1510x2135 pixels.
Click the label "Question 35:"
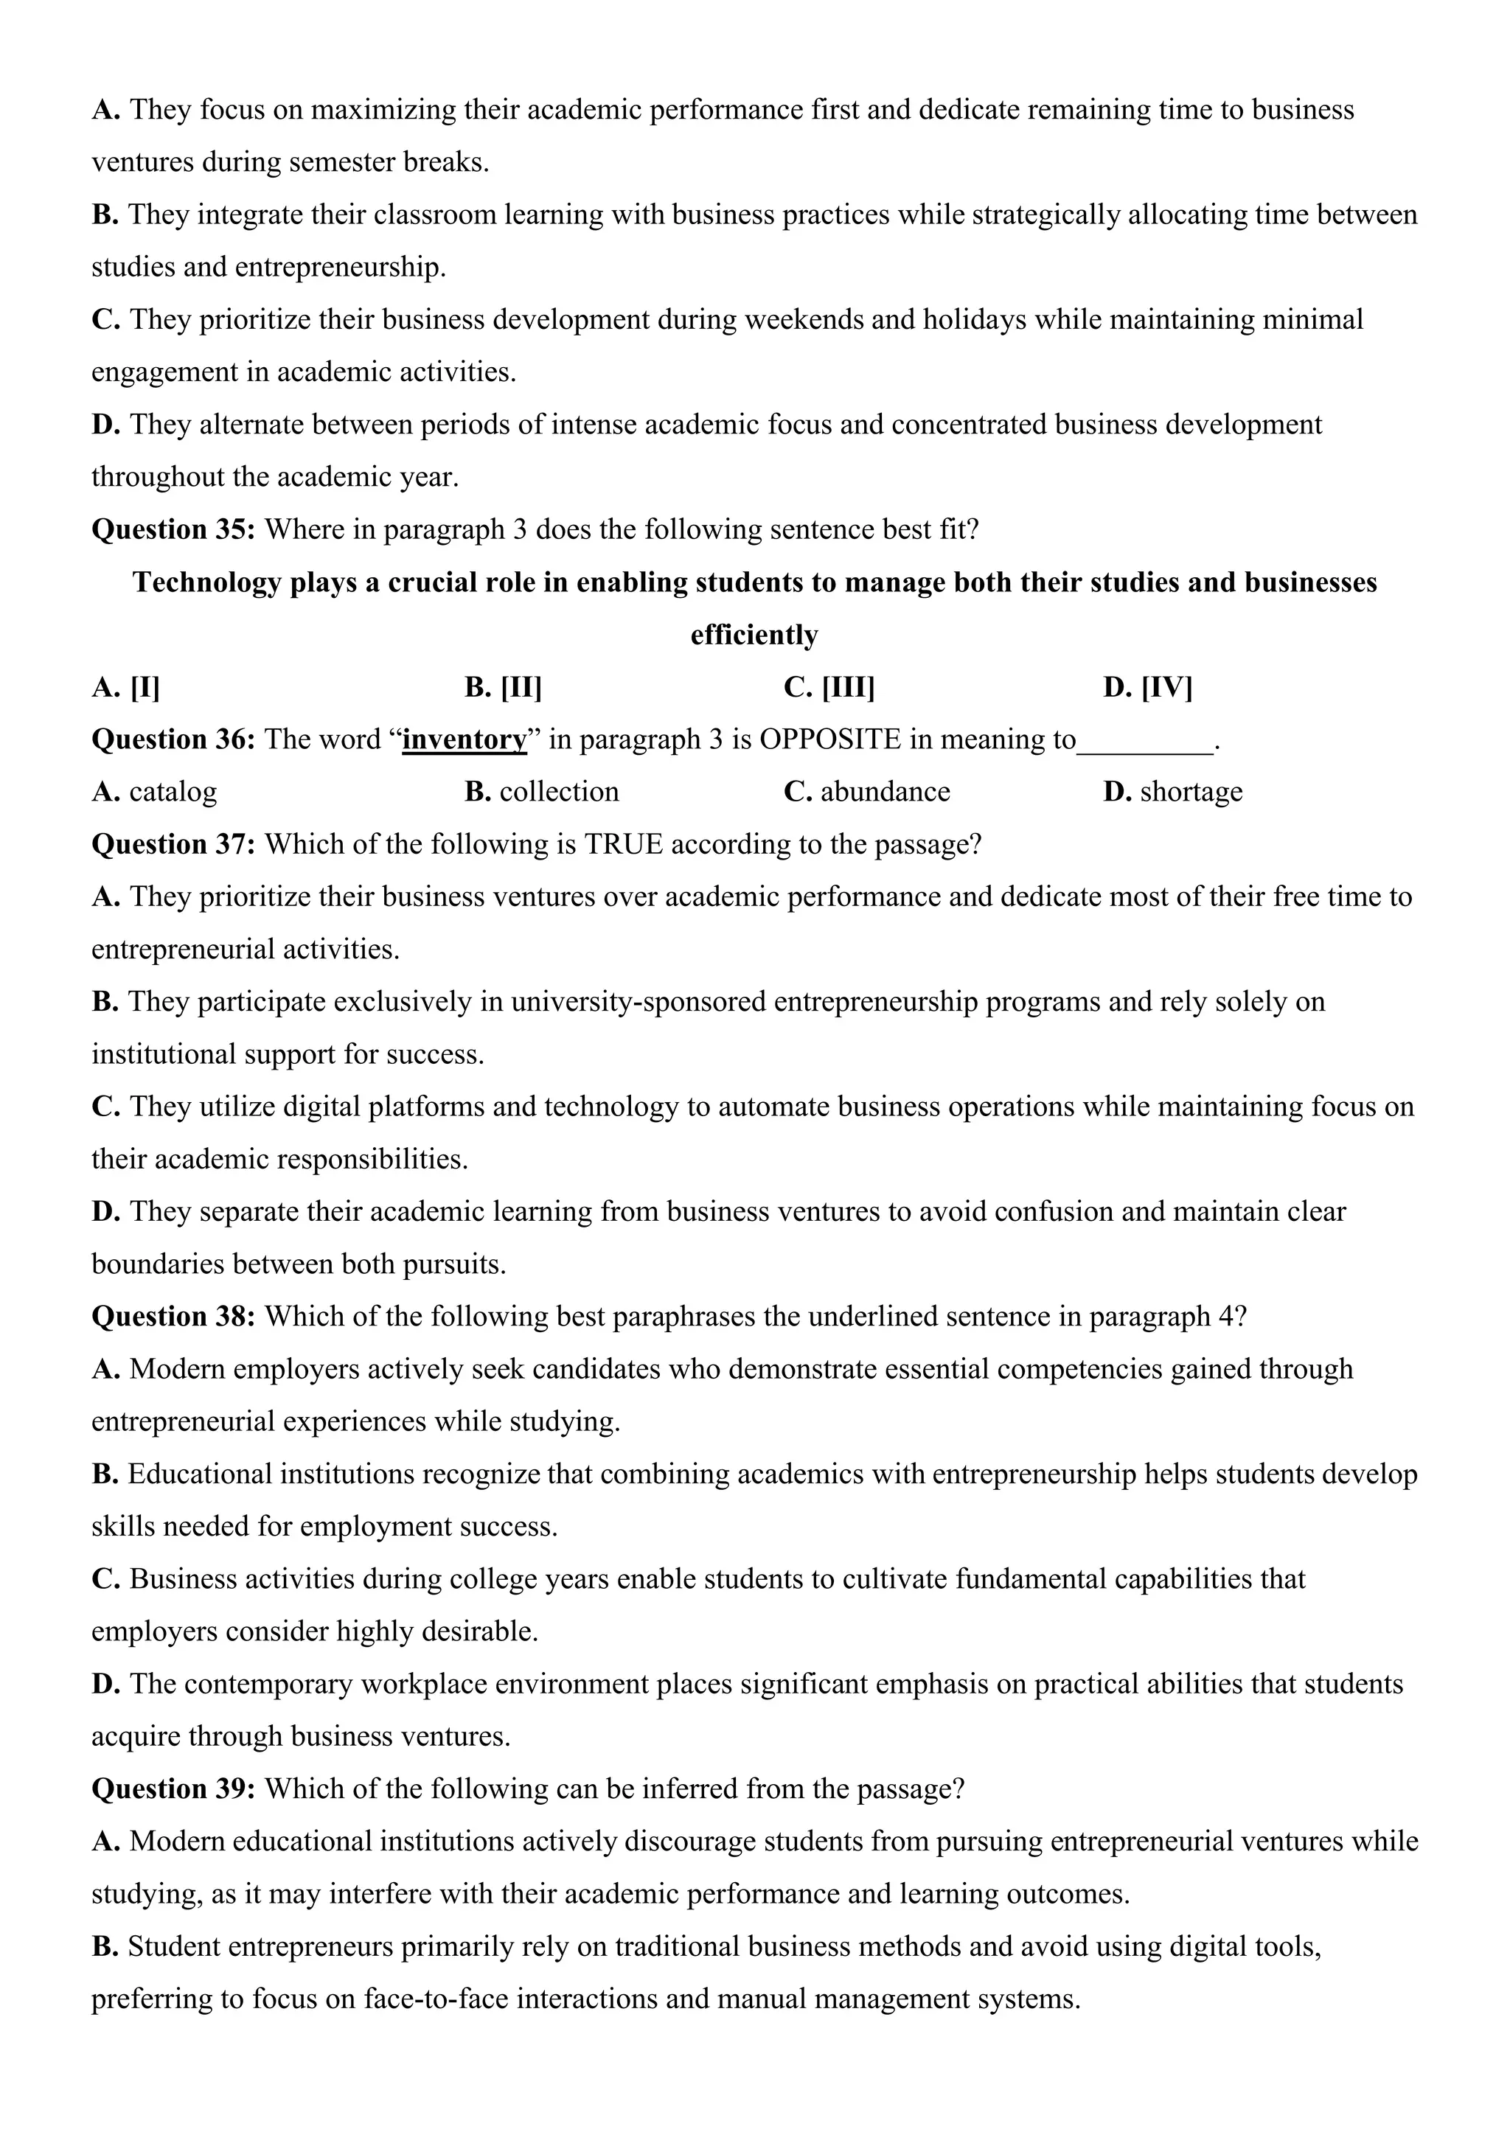[173, 530]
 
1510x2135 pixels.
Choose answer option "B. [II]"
[503, 688]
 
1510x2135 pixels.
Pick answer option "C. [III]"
[829, 688]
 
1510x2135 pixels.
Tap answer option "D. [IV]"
[1147, 688]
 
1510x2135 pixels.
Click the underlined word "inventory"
[464, 740]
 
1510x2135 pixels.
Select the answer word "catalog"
[173, 793]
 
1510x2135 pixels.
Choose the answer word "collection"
[559, 793]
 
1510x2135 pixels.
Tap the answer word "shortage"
[1191, 793]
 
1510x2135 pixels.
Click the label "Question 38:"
[173, 1317]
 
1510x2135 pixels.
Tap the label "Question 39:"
[173, 1789]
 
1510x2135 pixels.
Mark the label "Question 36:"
[173, 740]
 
